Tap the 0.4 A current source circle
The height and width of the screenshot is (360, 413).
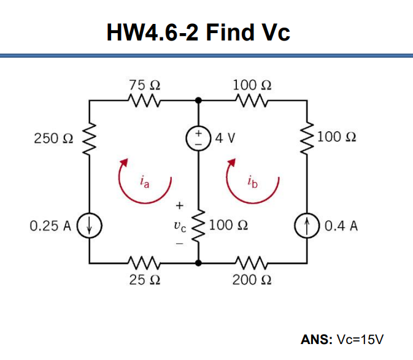306,226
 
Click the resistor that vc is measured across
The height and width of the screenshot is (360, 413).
198,226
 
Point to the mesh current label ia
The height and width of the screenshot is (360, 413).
144,182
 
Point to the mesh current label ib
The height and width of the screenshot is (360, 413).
253,182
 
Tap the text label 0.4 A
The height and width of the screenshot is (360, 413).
341,226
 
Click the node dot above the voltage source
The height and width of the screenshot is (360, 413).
198,100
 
